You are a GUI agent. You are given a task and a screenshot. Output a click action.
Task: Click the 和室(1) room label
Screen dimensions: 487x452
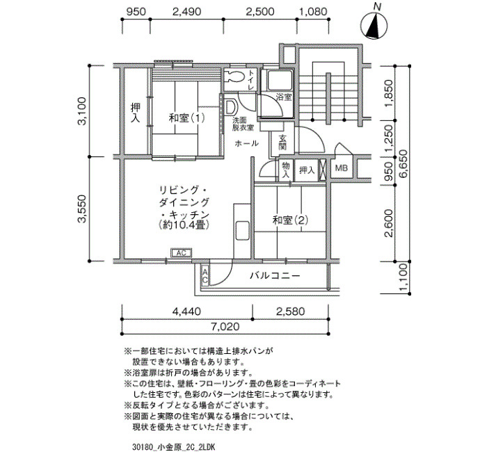pos(186,118)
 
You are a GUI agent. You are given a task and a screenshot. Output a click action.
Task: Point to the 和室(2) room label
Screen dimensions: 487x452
pos(290,220)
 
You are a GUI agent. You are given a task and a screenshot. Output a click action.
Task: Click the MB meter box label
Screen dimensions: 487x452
pos(341,168)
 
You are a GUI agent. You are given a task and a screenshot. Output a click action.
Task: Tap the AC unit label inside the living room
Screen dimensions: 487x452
pos(181,253)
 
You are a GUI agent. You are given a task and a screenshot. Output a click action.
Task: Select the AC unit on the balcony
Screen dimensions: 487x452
pos(205,275)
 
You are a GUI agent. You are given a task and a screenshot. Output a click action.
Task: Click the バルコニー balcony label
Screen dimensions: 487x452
pos(276,275)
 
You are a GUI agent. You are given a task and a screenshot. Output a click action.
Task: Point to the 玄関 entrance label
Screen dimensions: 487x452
pos(282,143)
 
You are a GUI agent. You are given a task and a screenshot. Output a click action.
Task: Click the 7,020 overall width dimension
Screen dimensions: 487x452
pos(225,327)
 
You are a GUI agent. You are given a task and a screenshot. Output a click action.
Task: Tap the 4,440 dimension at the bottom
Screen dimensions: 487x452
pos(186,311)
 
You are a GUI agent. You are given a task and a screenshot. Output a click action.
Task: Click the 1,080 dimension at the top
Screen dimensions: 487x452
pos(313,12)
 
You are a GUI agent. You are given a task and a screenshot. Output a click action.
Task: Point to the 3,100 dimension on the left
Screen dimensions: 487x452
pos(81,111)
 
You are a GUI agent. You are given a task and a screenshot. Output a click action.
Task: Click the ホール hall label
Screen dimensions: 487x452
pos(246,143)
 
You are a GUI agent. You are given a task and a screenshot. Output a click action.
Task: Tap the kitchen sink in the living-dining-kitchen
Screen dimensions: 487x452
pos(242,230)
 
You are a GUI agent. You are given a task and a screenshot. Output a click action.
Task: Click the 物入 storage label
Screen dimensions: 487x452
pos(285,170)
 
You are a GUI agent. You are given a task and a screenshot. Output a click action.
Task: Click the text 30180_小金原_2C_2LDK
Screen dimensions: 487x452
pos(173,447)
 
